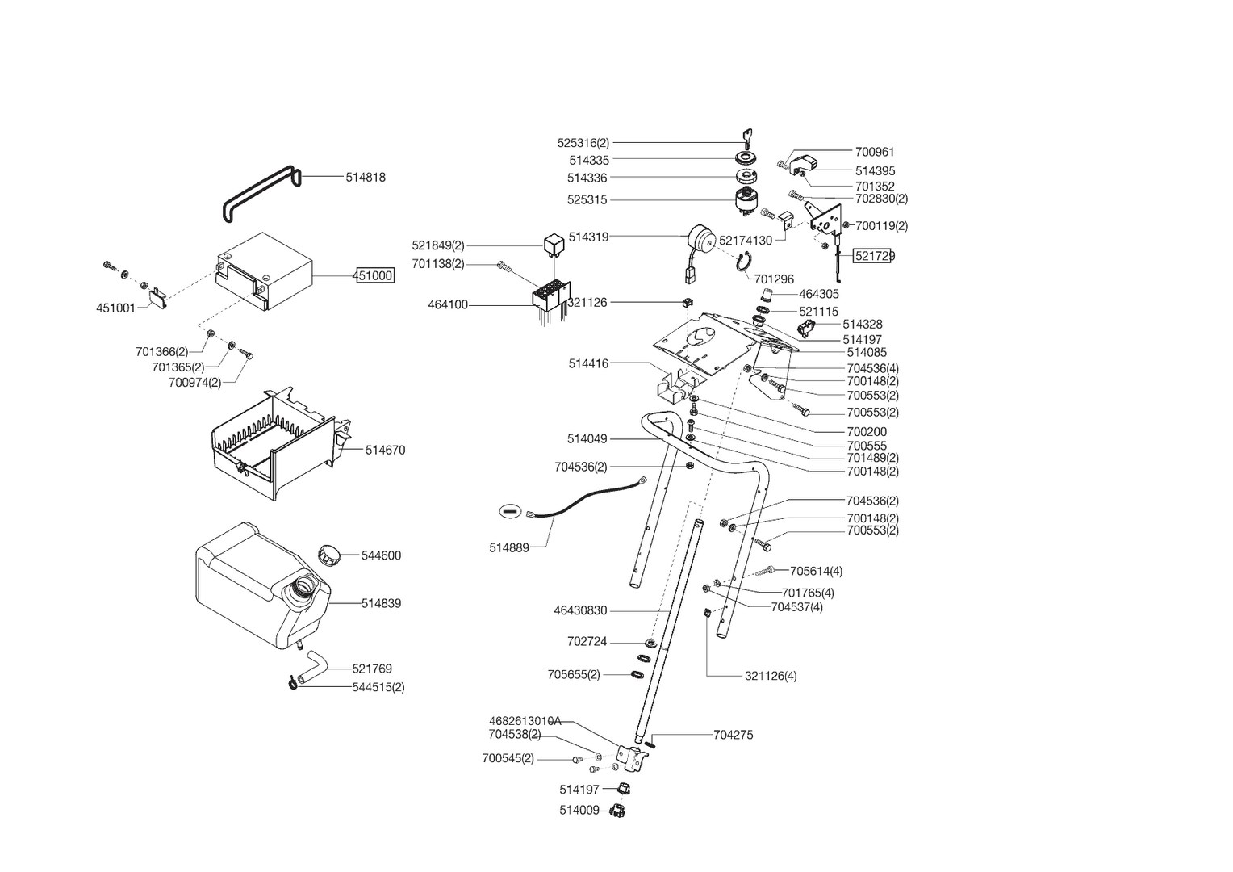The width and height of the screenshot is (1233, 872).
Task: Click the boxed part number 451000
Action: pyautogui.click(x=374, y=276)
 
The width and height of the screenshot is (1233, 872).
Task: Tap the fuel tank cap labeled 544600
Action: pyautogui.click(x=330, y=555)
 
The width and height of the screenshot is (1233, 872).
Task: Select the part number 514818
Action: pyautogui.click(x=366, y=178)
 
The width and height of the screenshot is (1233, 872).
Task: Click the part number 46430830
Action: pyautogui.click(x=580, y=611)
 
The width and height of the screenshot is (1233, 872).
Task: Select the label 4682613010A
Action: pyautogui.click(x=525, y=721)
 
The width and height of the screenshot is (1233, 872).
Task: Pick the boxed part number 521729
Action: pyautogui.click(x=875, y=256)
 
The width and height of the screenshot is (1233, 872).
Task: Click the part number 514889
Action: pyautogui.click(x=508, y=548)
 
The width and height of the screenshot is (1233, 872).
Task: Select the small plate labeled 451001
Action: pyautogui.click(x=157, y=299)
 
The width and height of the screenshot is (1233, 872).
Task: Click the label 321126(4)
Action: pyautogui.click(x=770, y=676)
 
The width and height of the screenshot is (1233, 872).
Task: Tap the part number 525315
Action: pyautogui.click(x=587, y=200)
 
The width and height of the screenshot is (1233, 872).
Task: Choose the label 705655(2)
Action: pyautogui.click(x=574, y=675)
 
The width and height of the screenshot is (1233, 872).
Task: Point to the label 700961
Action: pyautogui.click(x=875, y=152)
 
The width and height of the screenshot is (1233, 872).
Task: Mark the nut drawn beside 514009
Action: pyautogui.click(x=620, y=810)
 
